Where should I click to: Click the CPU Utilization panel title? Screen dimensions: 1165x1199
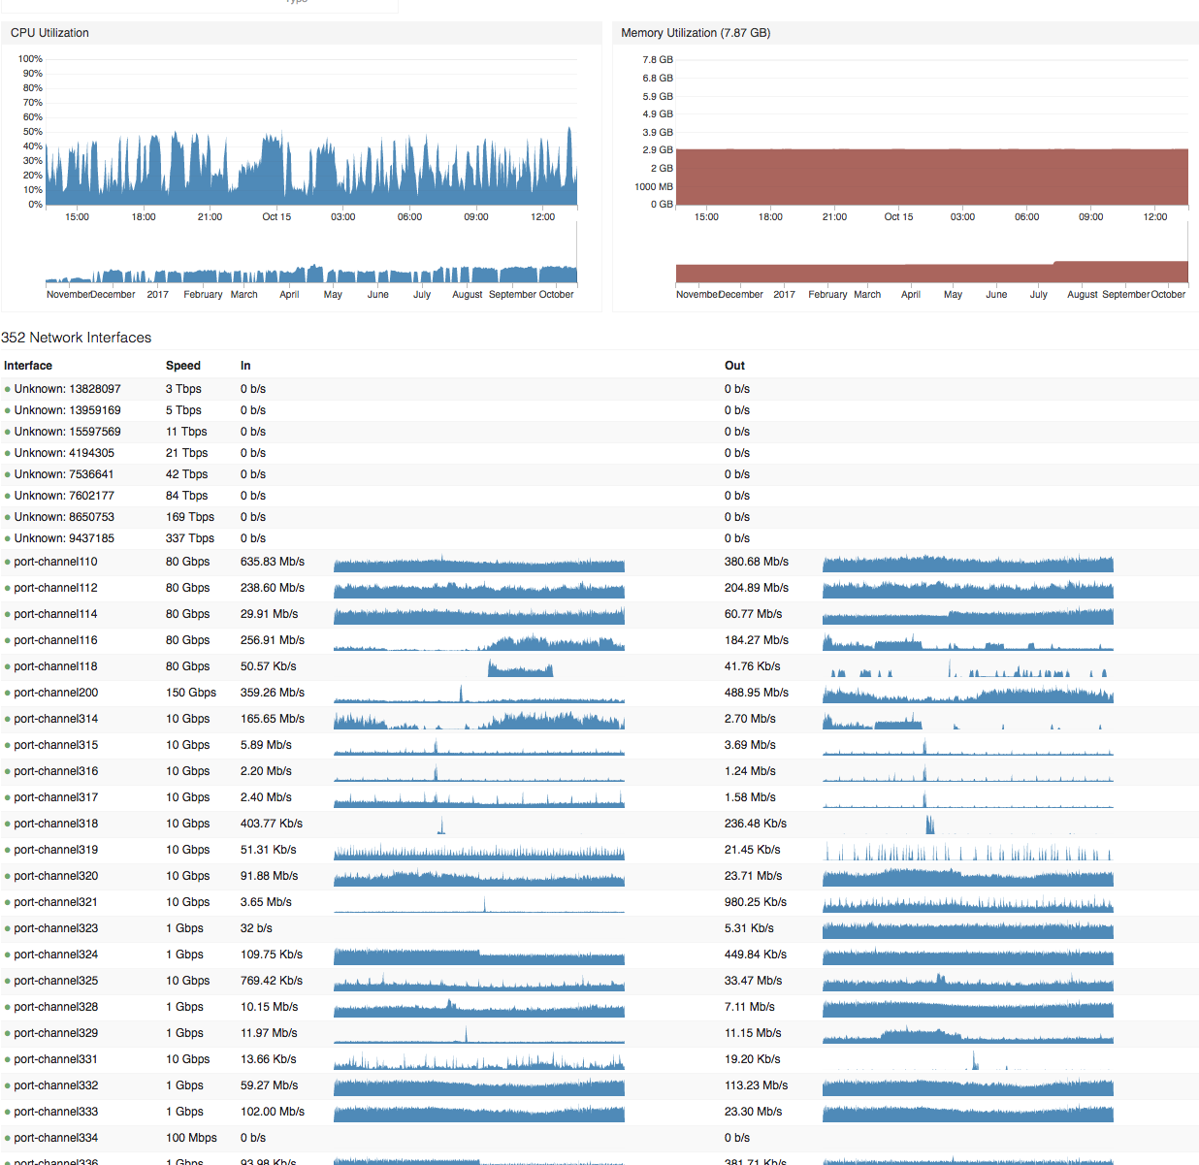click(49, 33)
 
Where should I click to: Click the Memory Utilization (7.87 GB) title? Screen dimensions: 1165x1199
click(696, 33)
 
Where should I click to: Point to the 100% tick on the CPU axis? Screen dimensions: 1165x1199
click(30, 59)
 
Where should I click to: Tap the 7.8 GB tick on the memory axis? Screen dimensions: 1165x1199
click(658, 60)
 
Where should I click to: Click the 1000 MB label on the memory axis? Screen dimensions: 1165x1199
click(653, 187)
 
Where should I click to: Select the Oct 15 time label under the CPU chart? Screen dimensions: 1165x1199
click(276, 217)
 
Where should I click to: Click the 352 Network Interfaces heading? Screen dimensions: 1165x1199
click(77, 338)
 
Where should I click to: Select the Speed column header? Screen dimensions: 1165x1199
click(183, 366)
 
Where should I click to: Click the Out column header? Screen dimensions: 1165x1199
click(734, 366)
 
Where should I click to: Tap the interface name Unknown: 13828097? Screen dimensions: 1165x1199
click(67, 389)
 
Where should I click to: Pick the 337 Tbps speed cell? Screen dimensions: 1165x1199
click(190, 538)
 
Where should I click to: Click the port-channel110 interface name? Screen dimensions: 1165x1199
click(55, 562)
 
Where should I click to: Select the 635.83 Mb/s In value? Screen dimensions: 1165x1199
click(273, 562)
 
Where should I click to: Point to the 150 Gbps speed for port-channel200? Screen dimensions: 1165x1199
click(191, 693)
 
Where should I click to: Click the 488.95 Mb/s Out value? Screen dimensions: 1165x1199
click(757, 693)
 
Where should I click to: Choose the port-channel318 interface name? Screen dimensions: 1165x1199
click(55, 824)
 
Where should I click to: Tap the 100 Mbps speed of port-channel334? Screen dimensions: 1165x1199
click(191, 1138)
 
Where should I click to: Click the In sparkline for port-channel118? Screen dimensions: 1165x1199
click(520, 668)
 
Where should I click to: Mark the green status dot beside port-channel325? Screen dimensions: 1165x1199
click(8, 982)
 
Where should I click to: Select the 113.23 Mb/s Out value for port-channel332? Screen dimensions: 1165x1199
click(756, 1085)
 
